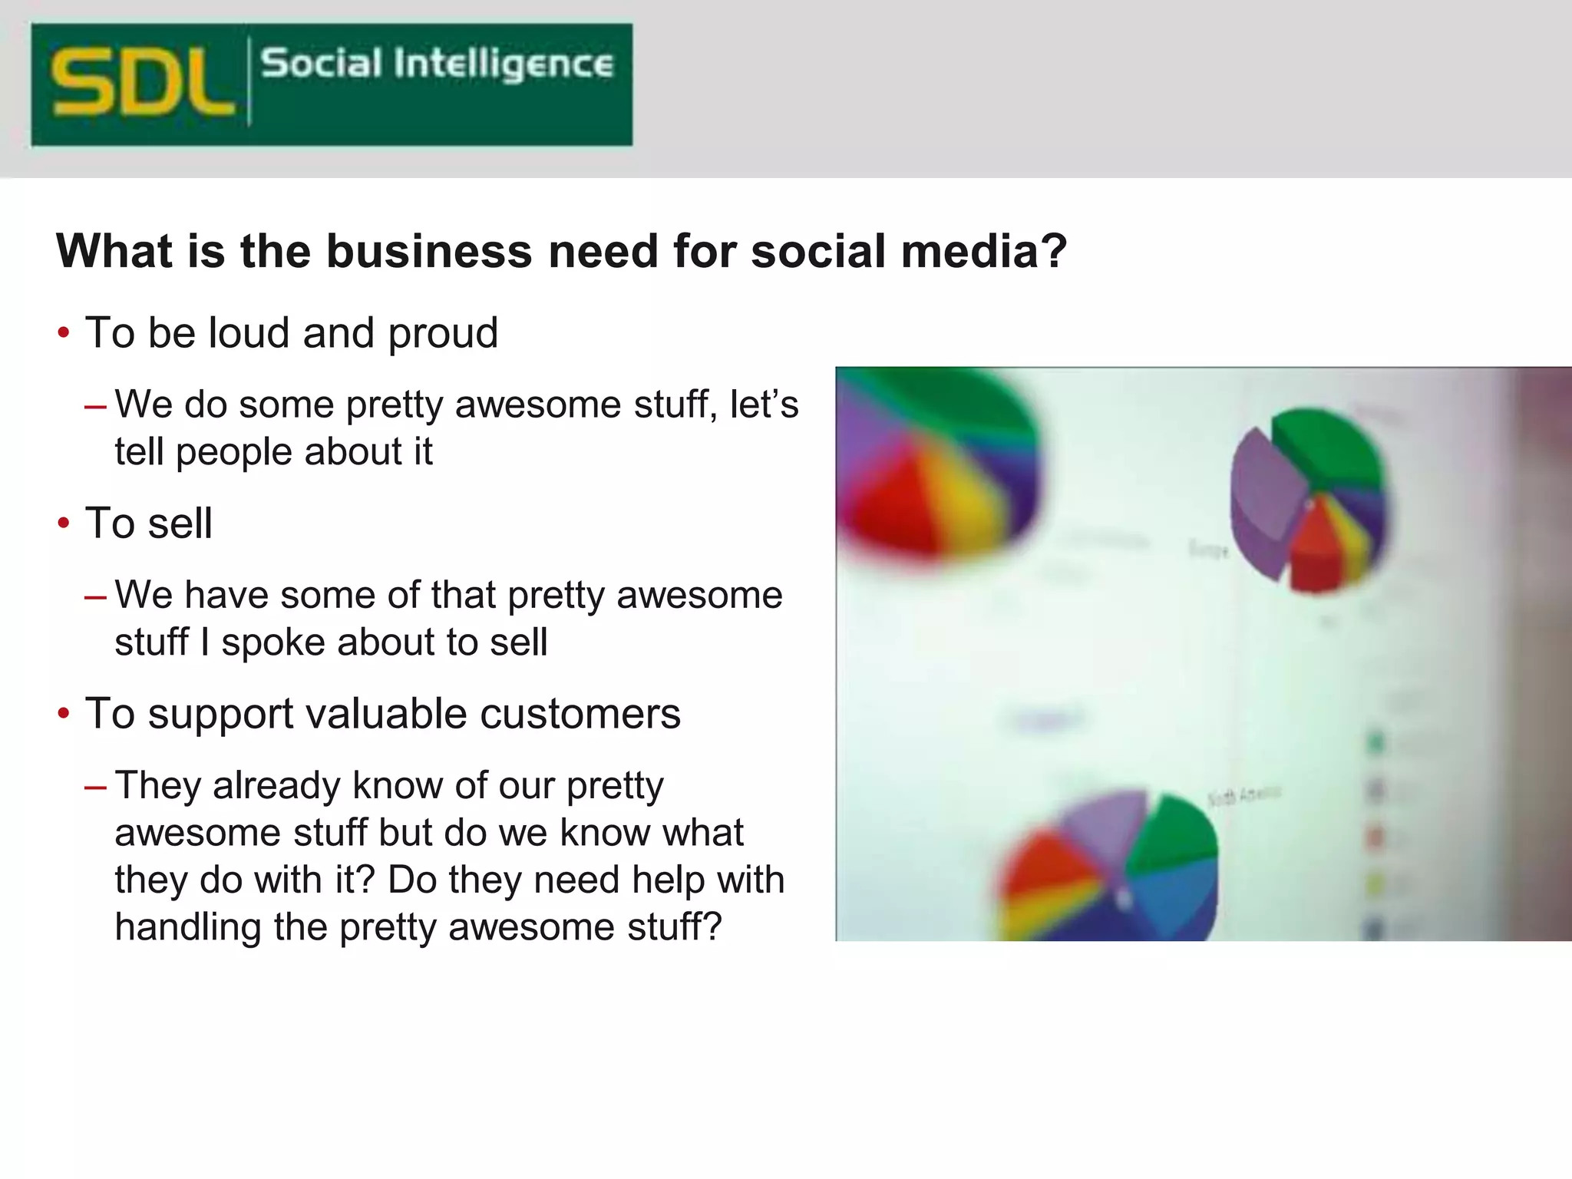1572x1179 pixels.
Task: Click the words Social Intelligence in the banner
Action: coord(437,64)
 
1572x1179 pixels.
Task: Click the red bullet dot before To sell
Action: coord(64,524)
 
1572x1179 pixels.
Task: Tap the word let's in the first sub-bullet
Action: coord(764,405)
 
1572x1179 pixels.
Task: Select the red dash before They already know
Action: coord(96,787)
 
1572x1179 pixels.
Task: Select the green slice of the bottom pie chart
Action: coord(1174,837)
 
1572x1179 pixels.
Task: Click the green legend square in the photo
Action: coord(1375,742)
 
